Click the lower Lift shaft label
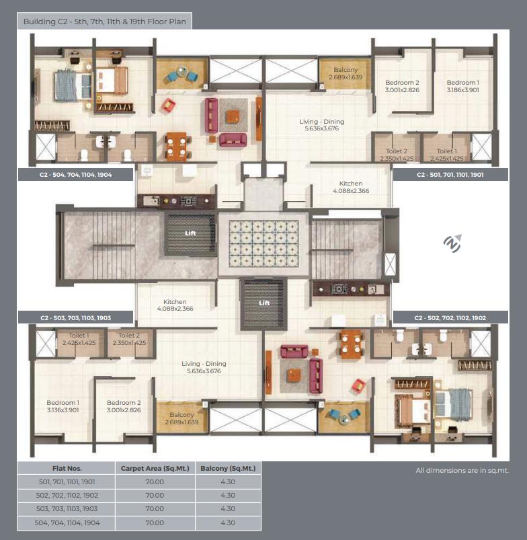(264, 303)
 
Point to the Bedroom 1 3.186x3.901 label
(462, 85)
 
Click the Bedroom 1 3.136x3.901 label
(63, 406)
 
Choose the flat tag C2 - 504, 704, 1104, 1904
(75, 174)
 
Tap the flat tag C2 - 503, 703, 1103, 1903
(75, 317)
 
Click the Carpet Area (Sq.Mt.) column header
(155, 468)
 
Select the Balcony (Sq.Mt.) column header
(228, 468)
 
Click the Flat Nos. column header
(67, 468)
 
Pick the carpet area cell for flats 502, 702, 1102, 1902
(155, 495)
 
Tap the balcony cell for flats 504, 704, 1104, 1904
(228, 523)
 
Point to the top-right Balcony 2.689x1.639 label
(346, 73)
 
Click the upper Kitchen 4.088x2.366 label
(350, 187)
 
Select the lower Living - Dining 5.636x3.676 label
(204, 367)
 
